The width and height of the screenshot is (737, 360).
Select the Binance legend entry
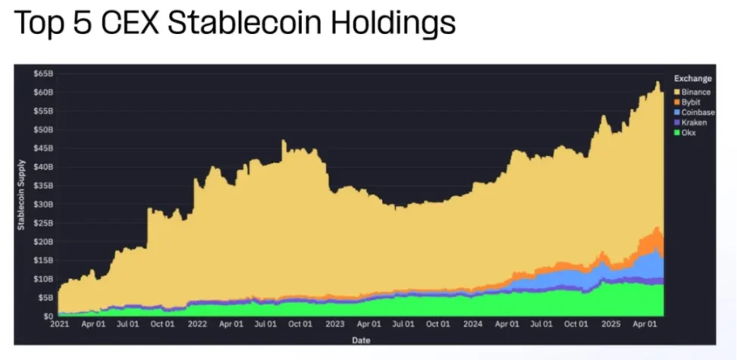coord(695,92)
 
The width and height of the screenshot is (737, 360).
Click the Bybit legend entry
coord(691,102)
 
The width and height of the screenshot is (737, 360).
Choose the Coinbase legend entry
coord(698,112)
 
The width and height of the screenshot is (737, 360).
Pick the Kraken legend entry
coord(692,122)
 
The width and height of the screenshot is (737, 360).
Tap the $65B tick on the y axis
coord(42,74)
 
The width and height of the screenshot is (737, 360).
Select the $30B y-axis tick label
coord(42,204)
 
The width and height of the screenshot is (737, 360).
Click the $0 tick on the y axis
coord(47,316)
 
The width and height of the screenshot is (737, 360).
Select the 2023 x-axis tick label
coord(334,323)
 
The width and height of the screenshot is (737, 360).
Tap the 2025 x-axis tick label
coord(611,323)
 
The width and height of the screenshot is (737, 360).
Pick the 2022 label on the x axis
coord(196,323)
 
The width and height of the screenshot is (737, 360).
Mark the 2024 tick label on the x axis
coord(472,323)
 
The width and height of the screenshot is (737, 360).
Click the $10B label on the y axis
coord(42,279)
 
